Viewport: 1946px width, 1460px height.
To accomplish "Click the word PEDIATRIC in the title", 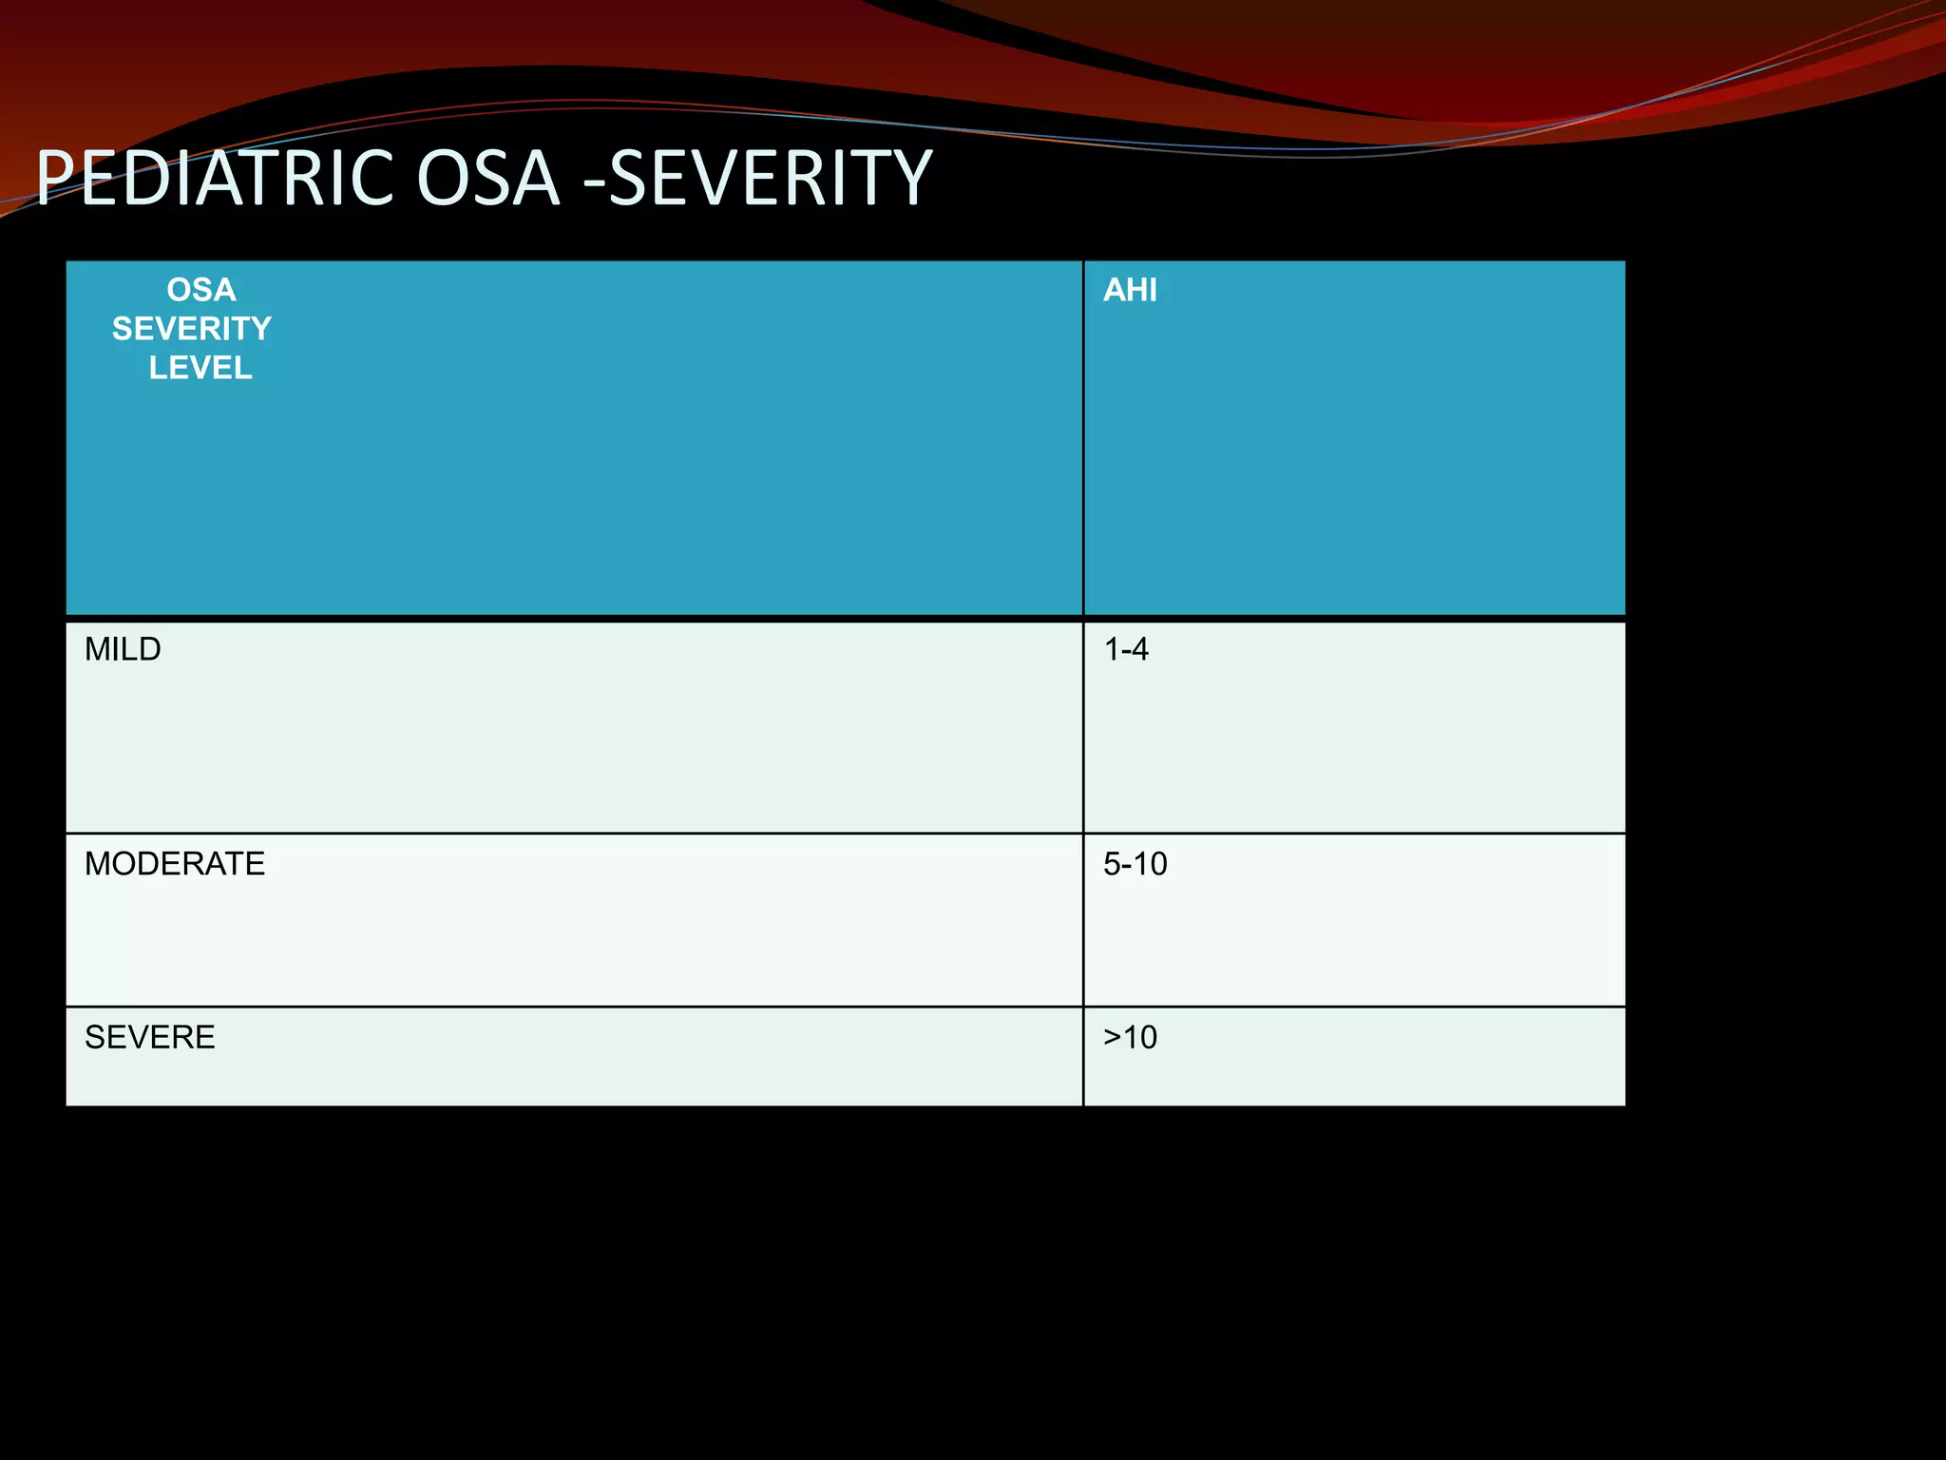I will pyautogui.click(x=214, y=179).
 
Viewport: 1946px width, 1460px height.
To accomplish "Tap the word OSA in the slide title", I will pyautogui.click(x=487, y=179).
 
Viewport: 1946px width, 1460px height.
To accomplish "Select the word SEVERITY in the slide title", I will pyautogui.click(x=771, y=179).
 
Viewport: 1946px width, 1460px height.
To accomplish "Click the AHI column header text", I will pyautogui.click(x=1130, y=290).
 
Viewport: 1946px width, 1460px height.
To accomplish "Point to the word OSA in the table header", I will pyautogui.click(x=200, y=290).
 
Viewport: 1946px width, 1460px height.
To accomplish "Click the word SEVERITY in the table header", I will pyautogui.click(x=192, y=329).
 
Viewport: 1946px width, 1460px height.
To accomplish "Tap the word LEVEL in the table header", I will pyautogui.click(x=200, y=368).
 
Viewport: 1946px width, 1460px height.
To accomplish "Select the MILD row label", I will pyautogui.click(x=123, y=649).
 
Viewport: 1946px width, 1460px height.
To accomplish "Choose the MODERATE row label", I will pyautogui.click(x=175, y=864).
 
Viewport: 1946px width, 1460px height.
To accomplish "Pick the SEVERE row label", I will pyautogui.click(x=150, y=1037).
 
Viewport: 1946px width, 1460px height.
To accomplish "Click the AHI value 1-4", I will pyautogui.click(x=1126, y=649).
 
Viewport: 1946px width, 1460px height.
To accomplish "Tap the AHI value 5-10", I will pyautogui.click(x=1135, y=864).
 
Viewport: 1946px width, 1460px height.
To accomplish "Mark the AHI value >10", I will pyautogui.click(x=1130, y=1037).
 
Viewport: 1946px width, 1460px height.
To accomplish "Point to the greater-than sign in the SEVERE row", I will pyautogui.click(x=1113, y=1038).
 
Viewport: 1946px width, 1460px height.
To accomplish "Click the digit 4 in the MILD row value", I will pyautogui.click(x=1139, y=649).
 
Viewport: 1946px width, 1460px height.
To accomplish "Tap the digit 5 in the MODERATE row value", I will pyautogui.click(x=1112, y=864).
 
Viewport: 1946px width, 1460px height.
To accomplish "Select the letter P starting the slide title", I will pyautogui.click(x=55, y=179).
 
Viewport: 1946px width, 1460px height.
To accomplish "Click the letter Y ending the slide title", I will pyautogui.click(x=911, y=179).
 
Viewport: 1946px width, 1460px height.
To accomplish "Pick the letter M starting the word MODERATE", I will pyautogui.click(x=98, y=864).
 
